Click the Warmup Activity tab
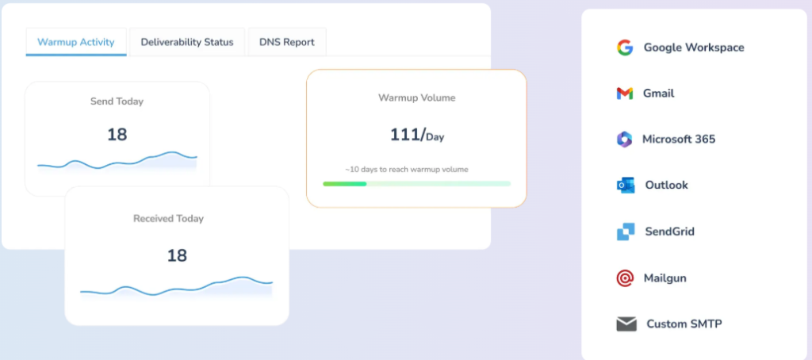[76, 42]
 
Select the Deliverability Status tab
[187, 42]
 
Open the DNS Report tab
[286, 42]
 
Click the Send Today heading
[117, 101]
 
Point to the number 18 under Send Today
[117, 134]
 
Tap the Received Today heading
[168, 218]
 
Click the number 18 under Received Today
[176, 255]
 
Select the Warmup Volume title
[416, 98]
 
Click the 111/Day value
[416, 135]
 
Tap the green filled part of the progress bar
[344, 184]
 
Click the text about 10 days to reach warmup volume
[406, 169]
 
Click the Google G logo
[625, 48]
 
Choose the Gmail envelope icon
[625, 94]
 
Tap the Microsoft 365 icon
[625, 140]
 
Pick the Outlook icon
[625, 186]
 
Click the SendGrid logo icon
[625, 232]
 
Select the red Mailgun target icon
[625, 278]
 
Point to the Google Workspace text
[693, 48]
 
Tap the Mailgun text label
[665, 278]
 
